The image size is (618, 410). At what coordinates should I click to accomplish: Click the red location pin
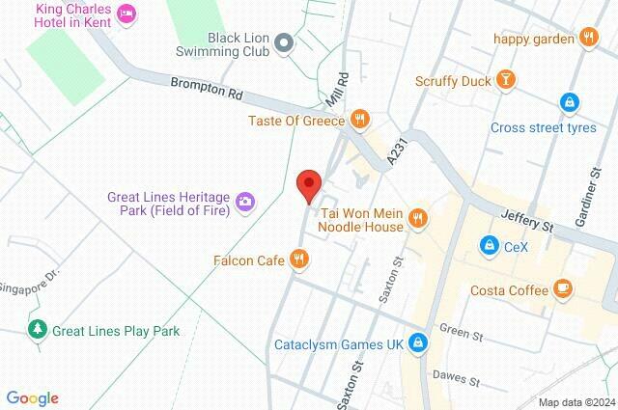coord(308,184)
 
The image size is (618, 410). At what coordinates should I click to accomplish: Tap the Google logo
coord(32,398)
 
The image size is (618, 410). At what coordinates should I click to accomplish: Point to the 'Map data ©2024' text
coord(576,402)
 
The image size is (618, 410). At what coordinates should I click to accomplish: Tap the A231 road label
coord(394,150)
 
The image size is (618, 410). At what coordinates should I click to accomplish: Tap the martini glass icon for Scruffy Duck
coord(504,83)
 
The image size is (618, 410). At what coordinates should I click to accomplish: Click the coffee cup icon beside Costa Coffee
coord(562,289)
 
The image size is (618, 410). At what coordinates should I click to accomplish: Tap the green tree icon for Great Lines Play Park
coord(38,331)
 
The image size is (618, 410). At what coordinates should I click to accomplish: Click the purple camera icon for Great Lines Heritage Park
coord(246,201)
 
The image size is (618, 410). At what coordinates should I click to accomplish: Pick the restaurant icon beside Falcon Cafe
coord(300,259)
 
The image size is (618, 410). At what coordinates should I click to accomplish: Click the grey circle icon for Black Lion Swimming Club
coord(284,41)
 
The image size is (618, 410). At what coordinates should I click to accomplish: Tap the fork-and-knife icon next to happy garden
coord(590,39)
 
